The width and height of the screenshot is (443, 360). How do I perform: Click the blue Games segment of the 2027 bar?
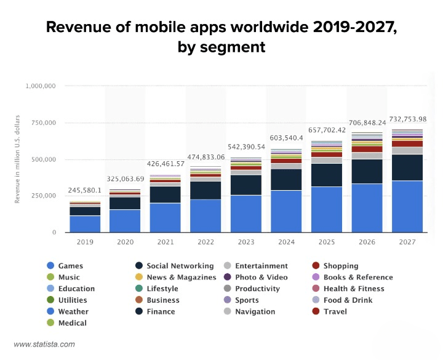pos(407,207)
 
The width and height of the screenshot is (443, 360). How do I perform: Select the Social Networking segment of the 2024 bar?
pos(286,180)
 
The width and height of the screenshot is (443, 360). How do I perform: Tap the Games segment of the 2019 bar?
pos(85,224)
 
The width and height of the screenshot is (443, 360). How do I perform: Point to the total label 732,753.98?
pos(408,119)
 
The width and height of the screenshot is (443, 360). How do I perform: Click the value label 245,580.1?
pos(84,190)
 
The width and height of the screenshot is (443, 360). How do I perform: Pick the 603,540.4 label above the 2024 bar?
pos(286,138)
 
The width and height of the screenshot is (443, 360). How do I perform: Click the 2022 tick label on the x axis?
pos(206,242)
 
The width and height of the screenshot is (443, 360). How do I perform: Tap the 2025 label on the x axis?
pos(327,242)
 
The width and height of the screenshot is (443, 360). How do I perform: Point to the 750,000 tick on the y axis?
pos(44,122)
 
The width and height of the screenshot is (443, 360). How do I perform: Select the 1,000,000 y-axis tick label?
pos(41,86)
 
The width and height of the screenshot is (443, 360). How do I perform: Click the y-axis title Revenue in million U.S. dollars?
pos(17,159)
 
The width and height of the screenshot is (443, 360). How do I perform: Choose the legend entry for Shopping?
pos(335,266)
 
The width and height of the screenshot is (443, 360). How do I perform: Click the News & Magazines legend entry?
pos(176,277)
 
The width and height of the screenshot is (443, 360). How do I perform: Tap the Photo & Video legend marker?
pos(227,277)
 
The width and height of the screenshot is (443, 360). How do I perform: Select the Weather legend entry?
pos(68,311)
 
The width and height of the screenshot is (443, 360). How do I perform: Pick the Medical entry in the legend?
pos(67,322)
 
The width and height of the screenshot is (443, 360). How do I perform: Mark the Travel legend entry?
pos(329,311)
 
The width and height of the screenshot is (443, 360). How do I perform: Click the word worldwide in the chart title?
pos(269,27)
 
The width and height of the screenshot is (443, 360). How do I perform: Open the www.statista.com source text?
pos(44,344)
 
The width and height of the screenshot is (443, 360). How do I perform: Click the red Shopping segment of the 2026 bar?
pos(367,149)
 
